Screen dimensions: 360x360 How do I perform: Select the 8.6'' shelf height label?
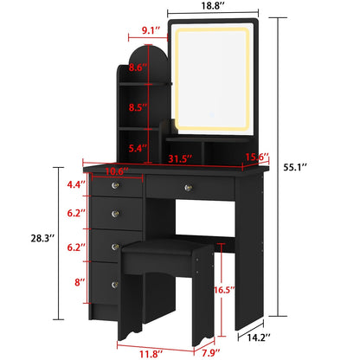[137, 67]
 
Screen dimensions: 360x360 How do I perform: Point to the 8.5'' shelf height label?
[137, 109]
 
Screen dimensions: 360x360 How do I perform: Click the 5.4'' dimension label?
[137, 148]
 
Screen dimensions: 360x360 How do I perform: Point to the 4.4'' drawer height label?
[76, 184]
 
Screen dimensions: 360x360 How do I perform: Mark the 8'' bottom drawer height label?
[79, 281]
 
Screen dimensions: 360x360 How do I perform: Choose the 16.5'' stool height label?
[223, 291]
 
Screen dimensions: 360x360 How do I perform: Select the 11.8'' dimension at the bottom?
[127, 352]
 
